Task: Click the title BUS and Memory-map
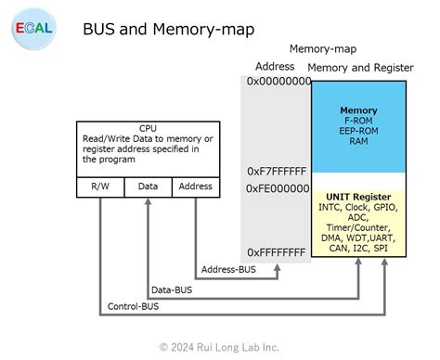coord(169,30)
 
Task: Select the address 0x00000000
coord(278,82)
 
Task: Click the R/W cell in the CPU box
coord(99,186)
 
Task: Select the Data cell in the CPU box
coord(148,186)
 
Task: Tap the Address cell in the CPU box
coord(195,186)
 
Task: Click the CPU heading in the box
coord(148,128)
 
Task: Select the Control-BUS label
coord(133,305)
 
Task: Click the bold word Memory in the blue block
coord(358,110)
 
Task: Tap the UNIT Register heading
coord(358,197)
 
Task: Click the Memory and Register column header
coord(357,68)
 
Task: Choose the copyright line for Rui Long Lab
coord(219,346)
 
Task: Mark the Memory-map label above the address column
coord(322,48)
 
